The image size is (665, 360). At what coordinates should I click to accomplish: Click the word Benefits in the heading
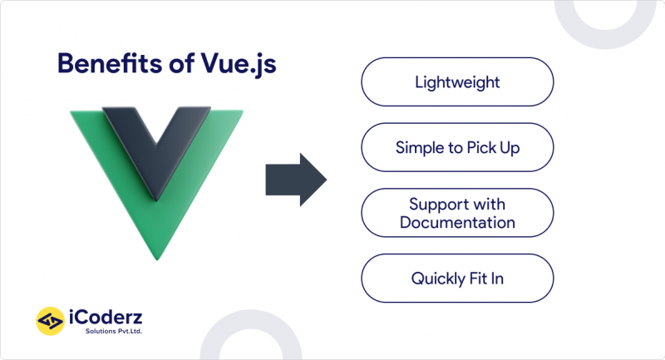pyautogui.click(x=110, y=64)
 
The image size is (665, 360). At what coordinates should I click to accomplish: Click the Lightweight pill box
pyautogui.click(x=457, y=81)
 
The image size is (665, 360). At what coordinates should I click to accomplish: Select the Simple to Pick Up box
pyautogui.click(x=457, y=147)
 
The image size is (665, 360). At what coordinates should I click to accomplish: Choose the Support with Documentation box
pyautogui.click(x=457, y=213)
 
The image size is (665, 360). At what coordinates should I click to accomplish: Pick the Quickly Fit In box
pyautogui.click(x=457, y=279)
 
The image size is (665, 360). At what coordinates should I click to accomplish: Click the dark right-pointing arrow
pyautogui.click(x=296, y=180)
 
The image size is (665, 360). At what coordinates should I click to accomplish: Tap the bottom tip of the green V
pyautogui.click(x=157, y=259)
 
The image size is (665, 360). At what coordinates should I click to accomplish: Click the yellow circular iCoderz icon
pyautogui.click(x=51, y=321)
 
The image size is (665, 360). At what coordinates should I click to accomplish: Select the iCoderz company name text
pyautogui.click(x=106, y=318)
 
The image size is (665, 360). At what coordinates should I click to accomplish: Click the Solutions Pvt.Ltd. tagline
pyautogui.click(x=114, y=331)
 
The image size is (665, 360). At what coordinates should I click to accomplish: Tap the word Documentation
pyautogui.click(x=457, y=223)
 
